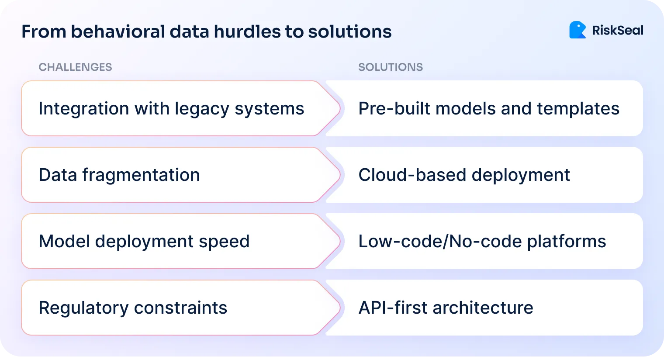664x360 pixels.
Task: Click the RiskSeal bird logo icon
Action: pyautogui.click(x=577, y=30)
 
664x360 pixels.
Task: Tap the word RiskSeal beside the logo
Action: pyautogui.click(x=617, y=31)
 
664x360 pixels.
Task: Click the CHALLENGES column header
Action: pyautogui.click(x=75, y=67)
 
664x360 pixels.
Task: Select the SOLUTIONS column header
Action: pyautogui.click(x=391, y=67)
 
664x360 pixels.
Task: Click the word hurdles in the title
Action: pyautogui.click(x=247, y=32)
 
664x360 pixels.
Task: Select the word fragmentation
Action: pyautogui.click(x=141, y=175)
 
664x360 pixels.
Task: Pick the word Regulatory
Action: pyautogui.click(x=83, y=308)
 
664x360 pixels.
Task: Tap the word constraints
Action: pyautogui.click(x=180, y=308)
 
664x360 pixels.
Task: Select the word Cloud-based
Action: pyautogui.click(x=412, y=175)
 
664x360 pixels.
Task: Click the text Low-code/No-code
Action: pyautogui.click(x=440, y=242)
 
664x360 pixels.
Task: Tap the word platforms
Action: pyautogui.click(x=567, y=242)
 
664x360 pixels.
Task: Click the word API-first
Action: pyautogui.click(x=393, y=308)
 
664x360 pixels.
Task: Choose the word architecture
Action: pyautogui.click(x=483, y=308)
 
